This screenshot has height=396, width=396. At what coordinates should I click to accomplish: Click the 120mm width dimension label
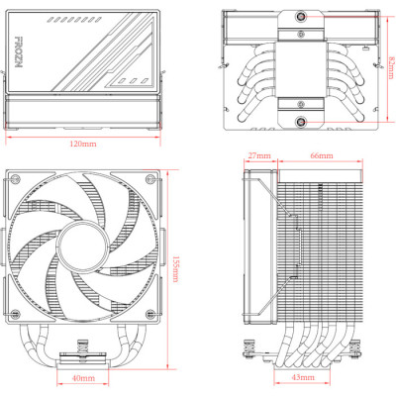click(x=84, y=145)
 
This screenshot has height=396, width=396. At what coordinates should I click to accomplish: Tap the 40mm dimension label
click(x=83, y=378)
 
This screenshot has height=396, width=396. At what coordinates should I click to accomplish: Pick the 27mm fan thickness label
click(x=259, y=156)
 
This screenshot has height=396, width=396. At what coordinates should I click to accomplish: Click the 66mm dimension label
click(x=321, y=156)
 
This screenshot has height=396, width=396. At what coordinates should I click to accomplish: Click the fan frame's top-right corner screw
click(x=149, y=180)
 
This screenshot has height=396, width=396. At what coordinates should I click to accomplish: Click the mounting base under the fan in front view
click(x=83, y=351)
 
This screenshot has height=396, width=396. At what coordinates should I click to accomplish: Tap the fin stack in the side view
click(x=321, y=247)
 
